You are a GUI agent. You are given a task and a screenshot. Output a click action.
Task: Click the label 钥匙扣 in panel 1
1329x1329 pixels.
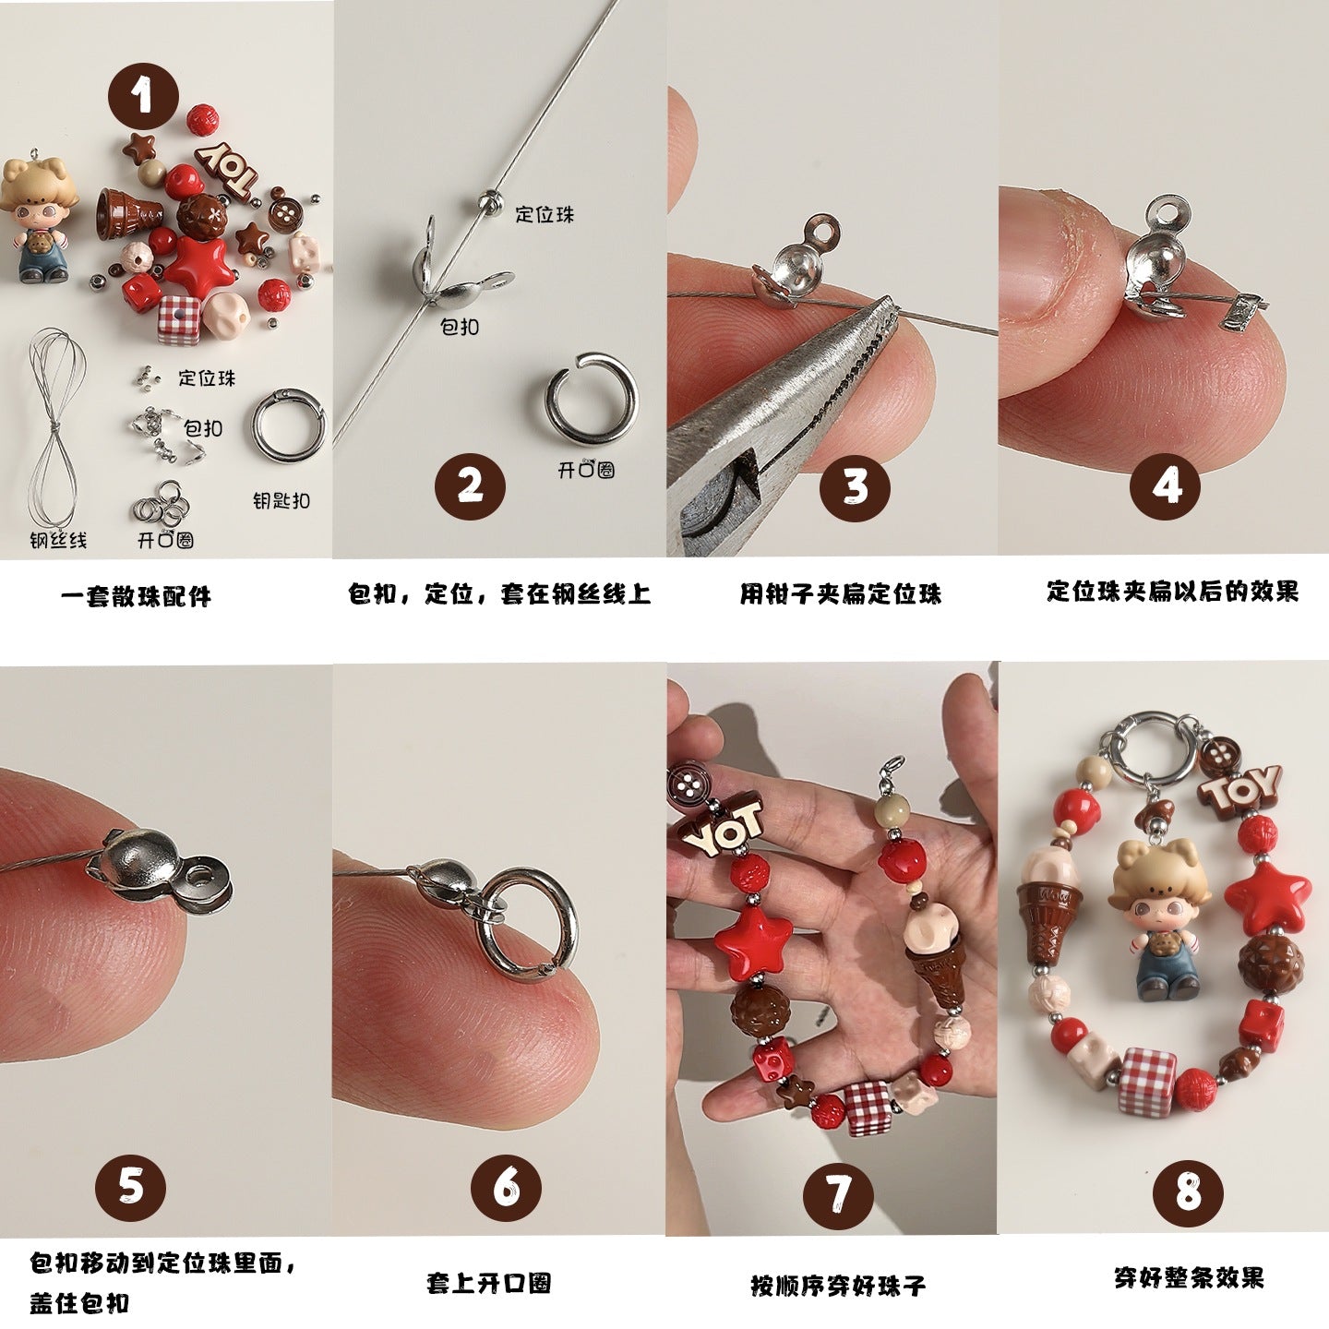(281, 501)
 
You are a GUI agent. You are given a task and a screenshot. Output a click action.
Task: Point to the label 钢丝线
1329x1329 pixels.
(58, 540)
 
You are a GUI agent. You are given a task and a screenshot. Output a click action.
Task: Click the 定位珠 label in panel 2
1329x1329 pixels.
(545, 215)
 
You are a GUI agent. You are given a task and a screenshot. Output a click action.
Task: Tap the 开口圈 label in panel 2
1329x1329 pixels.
(586, 470)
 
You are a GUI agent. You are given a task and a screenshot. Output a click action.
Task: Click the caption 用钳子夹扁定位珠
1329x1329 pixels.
(840, 593)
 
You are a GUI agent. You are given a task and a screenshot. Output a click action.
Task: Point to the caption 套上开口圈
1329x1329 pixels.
(489, 1283)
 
